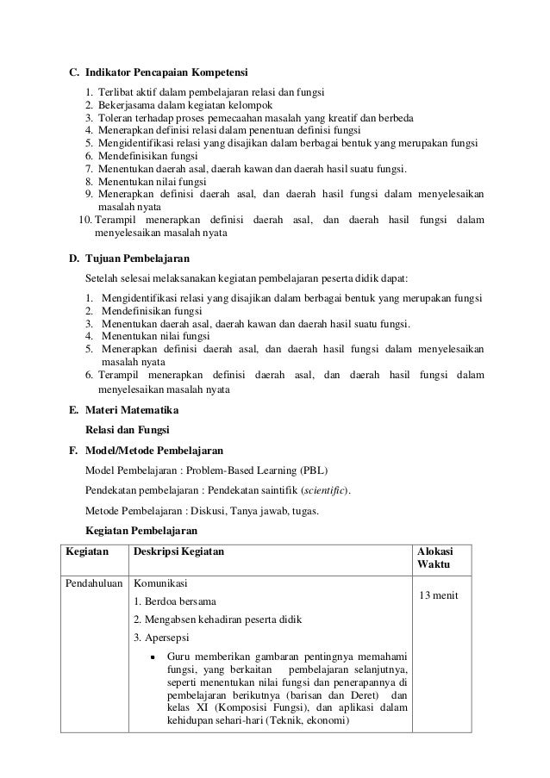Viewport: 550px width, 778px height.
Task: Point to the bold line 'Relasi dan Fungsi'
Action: click(x=128, y=429)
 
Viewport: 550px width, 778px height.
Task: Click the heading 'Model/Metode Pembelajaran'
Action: click(x=154, y=450)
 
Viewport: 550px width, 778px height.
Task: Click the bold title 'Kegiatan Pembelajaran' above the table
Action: click(x=141, y=530)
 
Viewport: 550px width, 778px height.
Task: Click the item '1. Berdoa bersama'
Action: click(x=175, y=601)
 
